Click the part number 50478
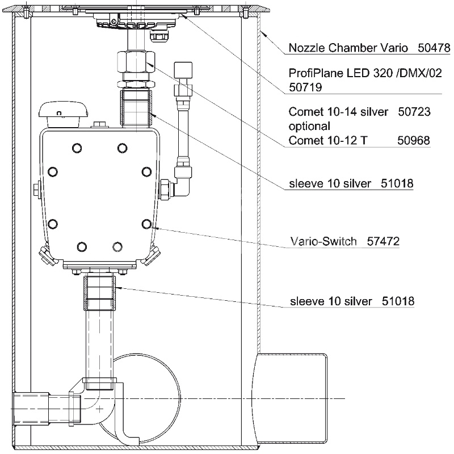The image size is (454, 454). pos(434,48)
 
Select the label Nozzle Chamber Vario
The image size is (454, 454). pos(348,48)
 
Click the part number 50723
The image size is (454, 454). pos(415,112)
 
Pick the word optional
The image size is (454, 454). pos(309,126)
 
